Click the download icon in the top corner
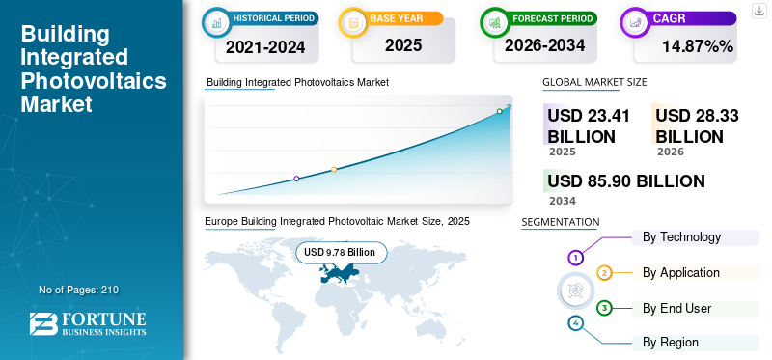point(758,11)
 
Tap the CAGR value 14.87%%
point(698,46)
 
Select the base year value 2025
point(403,45)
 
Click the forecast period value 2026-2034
point(544,45)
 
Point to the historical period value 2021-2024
point(265,47)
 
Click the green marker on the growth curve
point(499,111)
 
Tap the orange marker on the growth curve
point(334,170)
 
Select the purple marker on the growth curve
point(296,179)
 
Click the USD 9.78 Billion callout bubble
point(341,253)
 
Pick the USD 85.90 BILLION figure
point(626,181)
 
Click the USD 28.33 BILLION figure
point(697,125)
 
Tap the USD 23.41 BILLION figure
point(589,125)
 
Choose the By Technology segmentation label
point(681,237)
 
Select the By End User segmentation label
point(677,308)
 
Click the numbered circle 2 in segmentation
point(605,273)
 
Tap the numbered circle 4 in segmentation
point(575,323)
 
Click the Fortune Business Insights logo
point(88,324)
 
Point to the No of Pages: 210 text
point(79,290)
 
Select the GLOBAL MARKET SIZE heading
point(594,82)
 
